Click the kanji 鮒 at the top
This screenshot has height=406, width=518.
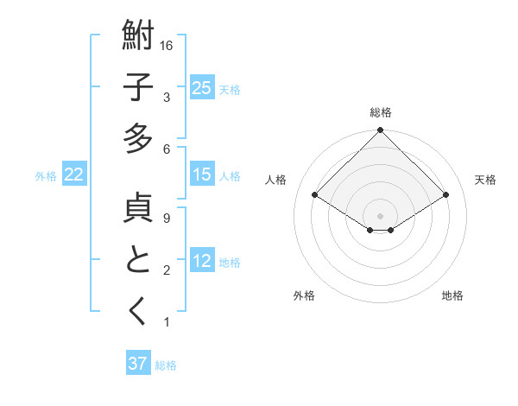click(x=139, y=38)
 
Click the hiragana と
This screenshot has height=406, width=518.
click(x=139, y=261)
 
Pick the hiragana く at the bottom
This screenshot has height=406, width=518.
click(x=139, y=312)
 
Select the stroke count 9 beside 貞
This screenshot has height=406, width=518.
click(x=166, y=219)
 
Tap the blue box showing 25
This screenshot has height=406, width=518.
click(x=202, y=88)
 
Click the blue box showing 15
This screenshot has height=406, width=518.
click(x=202, y=174)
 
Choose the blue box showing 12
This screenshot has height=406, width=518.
click(x=202, y=261)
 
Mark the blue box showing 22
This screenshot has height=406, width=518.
click(x=74, y=174)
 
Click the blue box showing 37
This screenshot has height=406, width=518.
click(x=138, y=364)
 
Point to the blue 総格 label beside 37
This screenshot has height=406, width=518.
click(x=166, y=365)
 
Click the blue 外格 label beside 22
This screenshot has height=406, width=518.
click(x=47, y=175)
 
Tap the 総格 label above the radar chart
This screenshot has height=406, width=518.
click(x=381, y=112)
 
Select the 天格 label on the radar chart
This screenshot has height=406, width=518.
click(x=485, y=180)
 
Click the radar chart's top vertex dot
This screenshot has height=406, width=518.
click(x=381, y=131)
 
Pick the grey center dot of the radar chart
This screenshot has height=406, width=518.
click(x=381, y=214)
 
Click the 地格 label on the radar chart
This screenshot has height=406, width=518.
click(x=452, y=295)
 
